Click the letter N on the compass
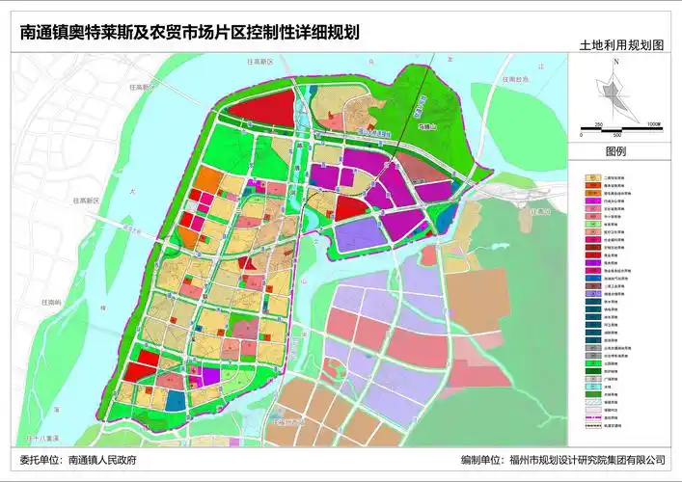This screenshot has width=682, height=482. tap(615, 64)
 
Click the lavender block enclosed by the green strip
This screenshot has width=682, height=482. tap(359, 234)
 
